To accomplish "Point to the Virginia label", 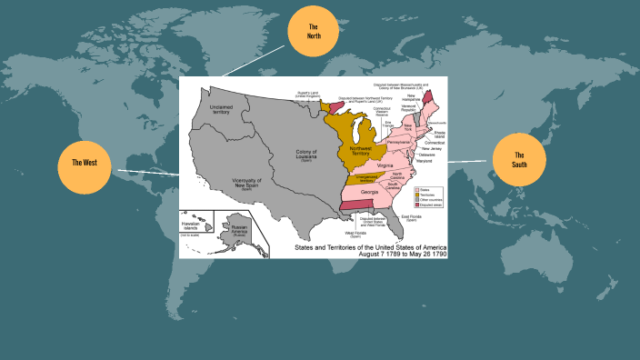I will click(385, 165).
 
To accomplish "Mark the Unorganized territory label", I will click(355, 179).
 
